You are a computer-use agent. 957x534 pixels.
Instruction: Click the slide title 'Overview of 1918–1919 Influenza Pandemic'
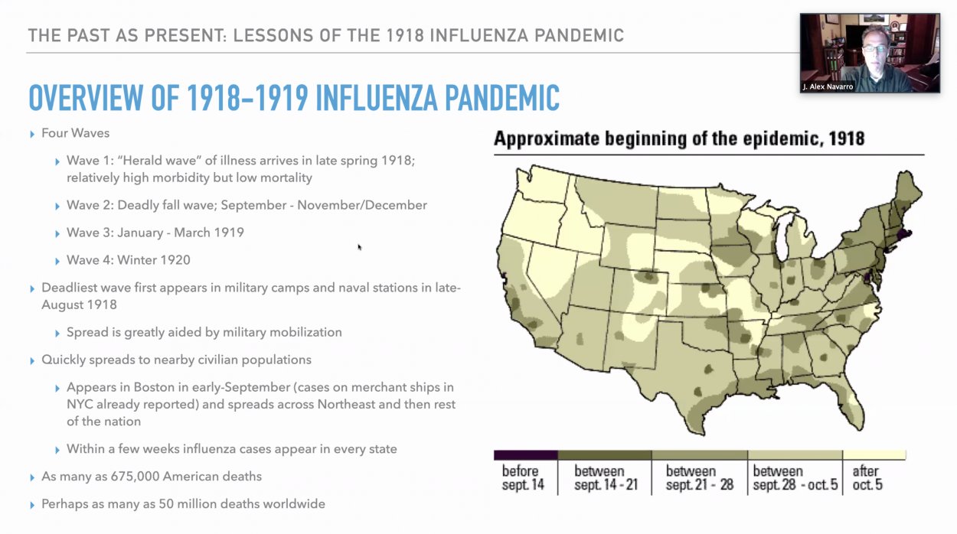click(294, 98)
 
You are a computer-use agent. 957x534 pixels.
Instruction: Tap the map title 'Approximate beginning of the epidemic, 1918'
click(679, 138)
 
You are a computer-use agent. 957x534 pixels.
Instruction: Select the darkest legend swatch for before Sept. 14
click(525, 455)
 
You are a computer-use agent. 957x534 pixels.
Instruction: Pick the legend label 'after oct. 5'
click(867, 477)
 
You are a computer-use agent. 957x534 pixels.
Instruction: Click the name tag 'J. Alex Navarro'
click(828, 86)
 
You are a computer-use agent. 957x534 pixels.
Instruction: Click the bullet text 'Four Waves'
click(75, 133)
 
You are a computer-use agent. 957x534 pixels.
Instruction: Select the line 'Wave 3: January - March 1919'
click(155, 233)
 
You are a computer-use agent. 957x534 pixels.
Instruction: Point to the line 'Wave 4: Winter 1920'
click(128, 260)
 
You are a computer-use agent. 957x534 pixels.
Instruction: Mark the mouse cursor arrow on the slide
click(359, 246)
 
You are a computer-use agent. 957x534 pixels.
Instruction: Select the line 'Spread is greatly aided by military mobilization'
click(204, 332)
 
